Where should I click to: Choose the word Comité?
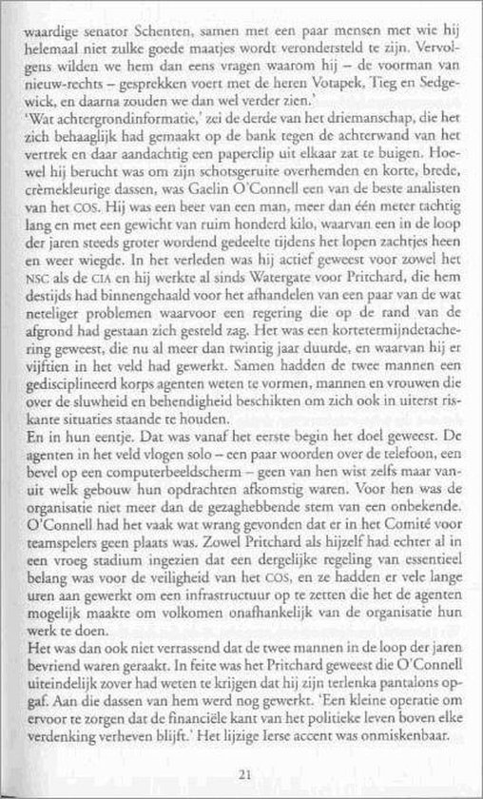(x=396, y=556)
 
